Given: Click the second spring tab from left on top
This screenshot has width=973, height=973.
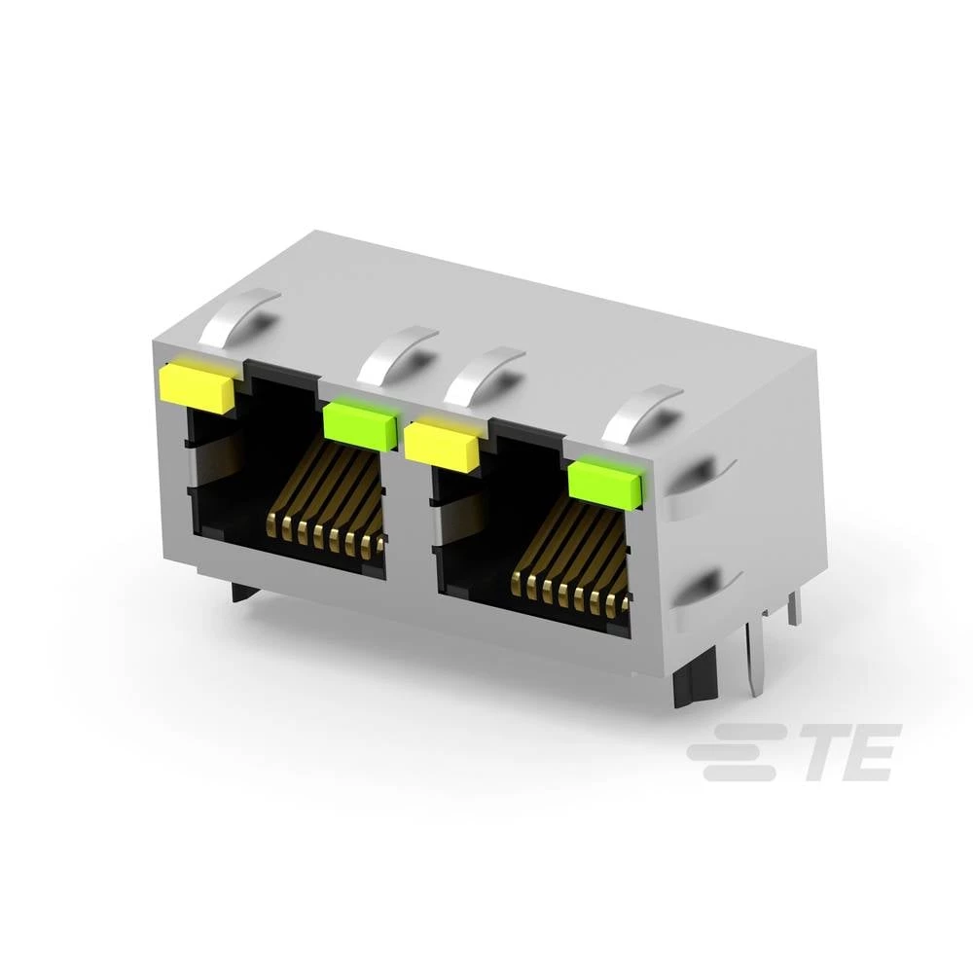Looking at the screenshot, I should (x=397, y=352).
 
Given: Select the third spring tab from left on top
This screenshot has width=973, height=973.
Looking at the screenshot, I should (x=484, y=374).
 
